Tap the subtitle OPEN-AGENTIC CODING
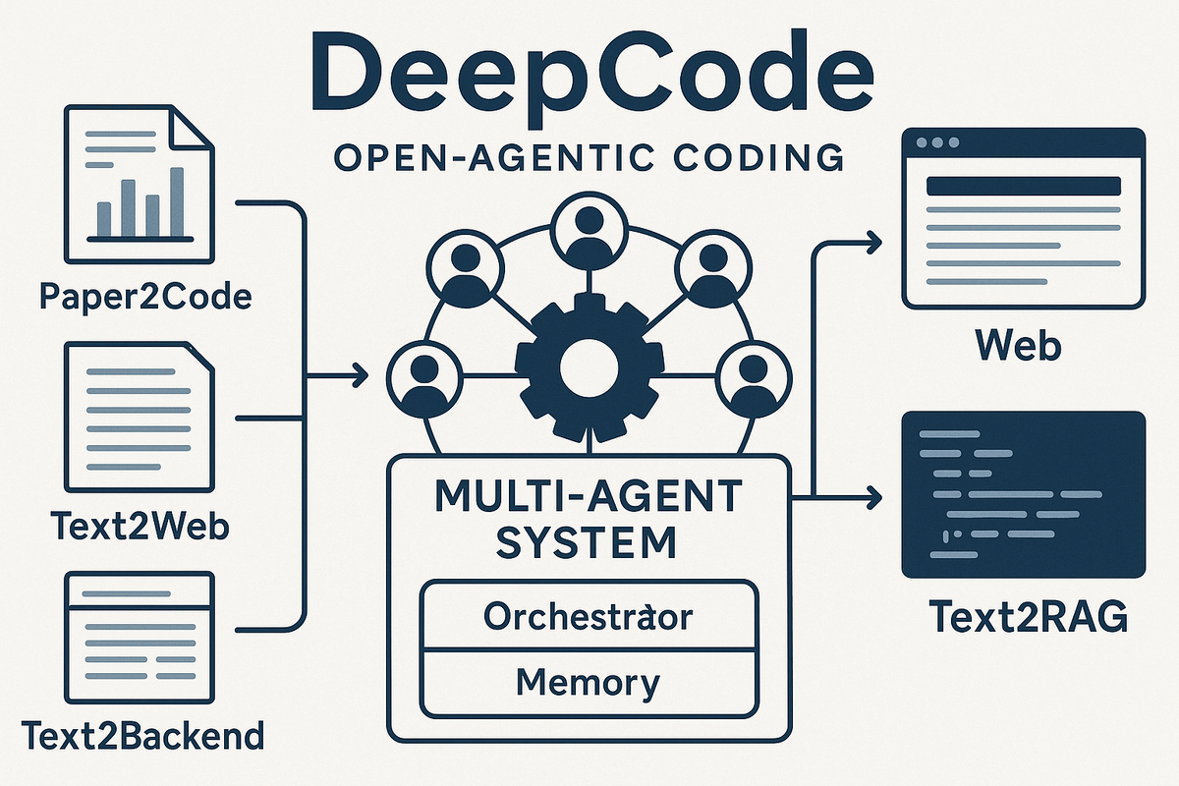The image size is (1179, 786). (589, 156)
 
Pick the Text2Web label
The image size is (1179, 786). (139, 526)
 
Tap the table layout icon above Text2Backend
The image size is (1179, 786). (139, 628)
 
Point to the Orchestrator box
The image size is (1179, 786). (589, 616)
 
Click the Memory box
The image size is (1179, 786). (589, 681)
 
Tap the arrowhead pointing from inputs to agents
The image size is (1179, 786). (358, 374)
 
